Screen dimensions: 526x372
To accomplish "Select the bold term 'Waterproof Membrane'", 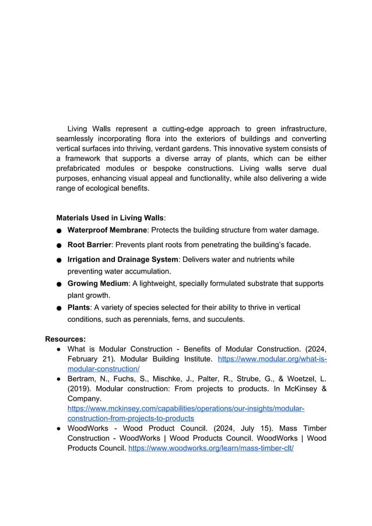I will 107,230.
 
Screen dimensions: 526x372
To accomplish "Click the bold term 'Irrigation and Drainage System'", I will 122,260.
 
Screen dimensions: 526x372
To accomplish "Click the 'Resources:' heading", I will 65,338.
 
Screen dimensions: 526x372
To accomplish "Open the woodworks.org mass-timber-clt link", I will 210,448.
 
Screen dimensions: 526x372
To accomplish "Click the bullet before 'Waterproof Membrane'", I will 59,232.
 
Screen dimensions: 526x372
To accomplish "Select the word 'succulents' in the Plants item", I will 226,320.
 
